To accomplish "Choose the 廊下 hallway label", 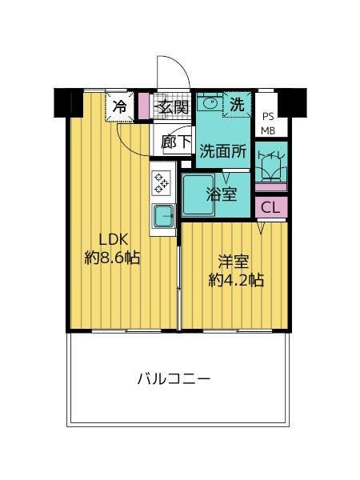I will coord(175,142).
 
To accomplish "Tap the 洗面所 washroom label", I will coord(223,150).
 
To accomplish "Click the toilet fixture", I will coord(270,164).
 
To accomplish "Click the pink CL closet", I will coord(270,206).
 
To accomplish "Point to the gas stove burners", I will coord(161,181).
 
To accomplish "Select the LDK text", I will coord(113,238).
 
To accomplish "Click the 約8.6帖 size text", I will coord(112,258).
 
